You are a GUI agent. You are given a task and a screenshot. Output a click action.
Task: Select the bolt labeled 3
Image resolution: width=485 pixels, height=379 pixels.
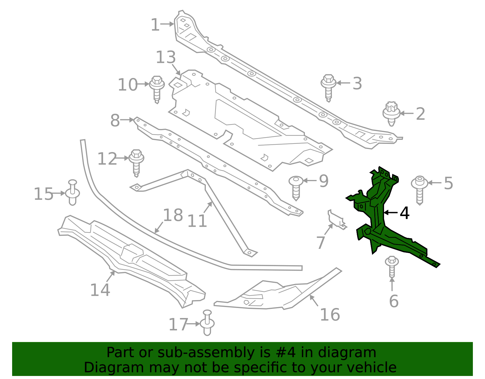pyautogui.click(x=328, y=87)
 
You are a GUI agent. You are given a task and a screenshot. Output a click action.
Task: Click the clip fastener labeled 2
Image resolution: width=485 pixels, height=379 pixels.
pyautogui.click(x=391, y=114)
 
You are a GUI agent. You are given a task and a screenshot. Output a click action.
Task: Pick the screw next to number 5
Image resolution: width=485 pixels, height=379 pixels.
pyautogui.click(x=420, y=189)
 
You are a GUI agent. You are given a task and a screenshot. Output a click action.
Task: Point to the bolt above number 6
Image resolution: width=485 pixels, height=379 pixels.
pyautogui.click(x=392, y=266)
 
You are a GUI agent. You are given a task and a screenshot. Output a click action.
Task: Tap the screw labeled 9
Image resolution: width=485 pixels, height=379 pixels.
pyautogui.click(x=296, y=187)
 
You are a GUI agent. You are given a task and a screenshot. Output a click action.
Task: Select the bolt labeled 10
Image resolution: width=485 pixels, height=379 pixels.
pyautogui.click(x=157, y=89)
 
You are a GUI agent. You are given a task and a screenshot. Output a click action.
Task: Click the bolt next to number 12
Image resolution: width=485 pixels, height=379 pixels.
pyautogui.click(x=136, y=162)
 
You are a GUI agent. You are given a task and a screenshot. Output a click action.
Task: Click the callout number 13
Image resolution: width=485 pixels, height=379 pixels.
pyautogui.click(x=166, y=57)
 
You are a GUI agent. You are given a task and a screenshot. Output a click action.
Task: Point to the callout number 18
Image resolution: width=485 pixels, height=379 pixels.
pyautogui.click(x=173, y=215)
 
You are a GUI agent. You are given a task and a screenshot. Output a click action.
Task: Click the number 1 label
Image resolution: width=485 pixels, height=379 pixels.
pyautogui.click(x=155, y=25)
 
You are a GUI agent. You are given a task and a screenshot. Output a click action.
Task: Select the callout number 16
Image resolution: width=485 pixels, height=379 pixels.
pyautogui.click(x=330, y=315)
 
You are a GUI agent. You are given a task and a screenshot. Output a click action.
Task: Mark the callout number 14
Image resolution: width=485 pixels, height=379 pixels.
pyautogui.click(x=100, y=290)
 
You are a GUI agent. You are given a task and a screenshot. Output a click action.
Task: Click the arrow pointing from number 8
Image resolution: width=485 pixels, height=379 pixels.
pyautogui.click(x=127, y=120)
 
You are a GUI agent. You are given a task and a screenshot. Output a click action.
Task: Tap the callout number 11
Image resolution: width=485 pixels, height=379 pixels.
pyautogui.click(x=197, y=221)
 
